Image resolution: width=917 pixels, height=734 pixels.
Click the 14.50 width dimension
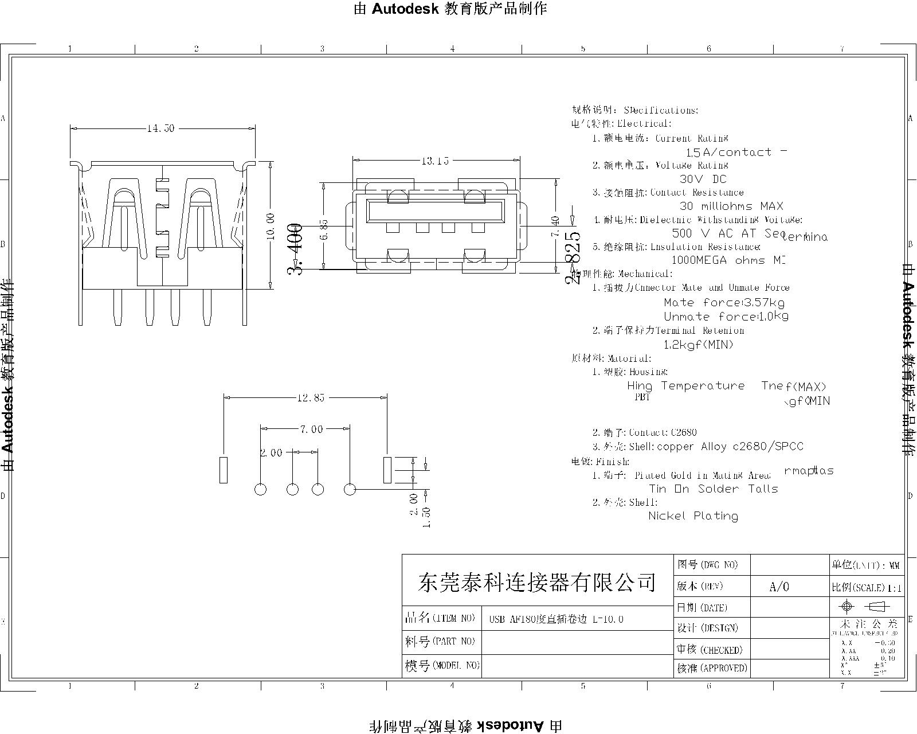160,128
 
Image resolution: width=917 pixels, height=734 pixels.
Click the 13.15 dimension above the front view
436,161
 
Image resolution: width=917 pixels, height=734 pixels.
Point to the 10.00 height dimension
271,226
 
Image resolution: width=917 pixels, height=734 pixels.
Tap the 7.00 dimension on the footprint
311,429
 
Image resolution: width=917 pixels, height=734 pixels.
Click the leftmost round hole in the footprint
260,490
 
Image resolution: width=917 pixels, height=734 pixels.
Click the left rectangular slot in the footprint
224,470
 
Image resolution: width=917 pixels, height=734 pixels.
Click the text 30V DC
703,179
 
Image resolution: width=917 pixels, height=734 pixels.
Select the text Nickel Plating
693,516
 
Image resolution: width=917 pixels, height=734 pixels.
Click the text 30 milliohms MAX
731,206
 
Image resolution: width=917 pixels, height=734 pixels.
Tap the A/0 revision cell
779,587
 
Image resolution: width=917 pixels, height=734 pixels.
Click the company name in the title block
537,583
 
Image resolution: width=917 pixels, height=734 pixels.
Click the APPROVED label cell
711,668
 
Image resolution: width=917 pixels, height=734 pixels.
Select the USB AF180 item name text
555,619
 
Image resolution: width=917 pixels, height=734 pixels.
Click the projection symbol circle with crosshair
846,607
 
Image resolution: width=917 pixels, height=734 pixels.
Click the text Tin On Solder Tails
714,489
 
